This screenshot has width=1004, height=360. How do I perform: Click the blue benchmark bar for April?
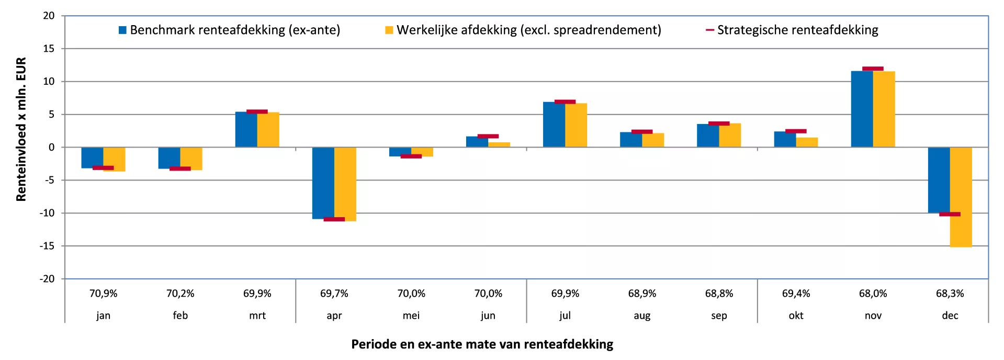point(323,183)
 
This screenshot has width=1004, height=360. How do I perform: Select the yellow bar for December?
point(961,197)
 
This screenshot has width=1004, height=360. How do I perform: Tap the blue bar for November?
point(862,109)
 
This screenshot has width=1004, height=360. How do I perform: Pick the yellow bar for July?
point(576,125)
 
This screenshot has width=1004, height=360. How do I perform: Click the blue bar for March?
point(246,129)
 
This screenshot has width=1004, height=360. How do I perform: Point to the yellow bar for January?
point(114,159)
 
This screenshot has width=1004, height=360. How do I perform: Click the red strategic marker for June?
point(488,136)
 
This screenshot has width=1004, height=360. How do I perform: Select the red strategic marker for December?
point(950,214)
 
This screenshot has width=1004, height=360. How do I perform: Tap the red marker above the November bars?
point(873,69)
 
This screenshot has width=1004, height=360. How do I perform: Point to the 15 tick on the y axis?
point(49,49)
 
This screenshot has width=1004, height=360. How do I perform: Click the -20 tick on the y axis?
point(47,279)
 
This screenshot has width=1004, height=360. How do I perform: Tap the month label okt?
point(796,316)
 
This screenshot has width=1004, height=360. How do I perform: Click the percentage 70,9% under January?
point(103,294)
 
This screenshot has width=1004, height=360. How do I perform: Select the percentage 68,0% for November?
point(873,294)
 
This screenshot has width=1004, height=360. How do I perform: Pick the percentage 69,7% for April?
point(334,294)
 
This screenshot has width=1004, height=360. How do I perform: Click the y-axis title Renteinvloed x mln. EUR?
point(21,129)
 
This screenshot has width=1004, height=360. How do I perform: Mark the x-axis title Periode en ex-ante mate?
point(482,344)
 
